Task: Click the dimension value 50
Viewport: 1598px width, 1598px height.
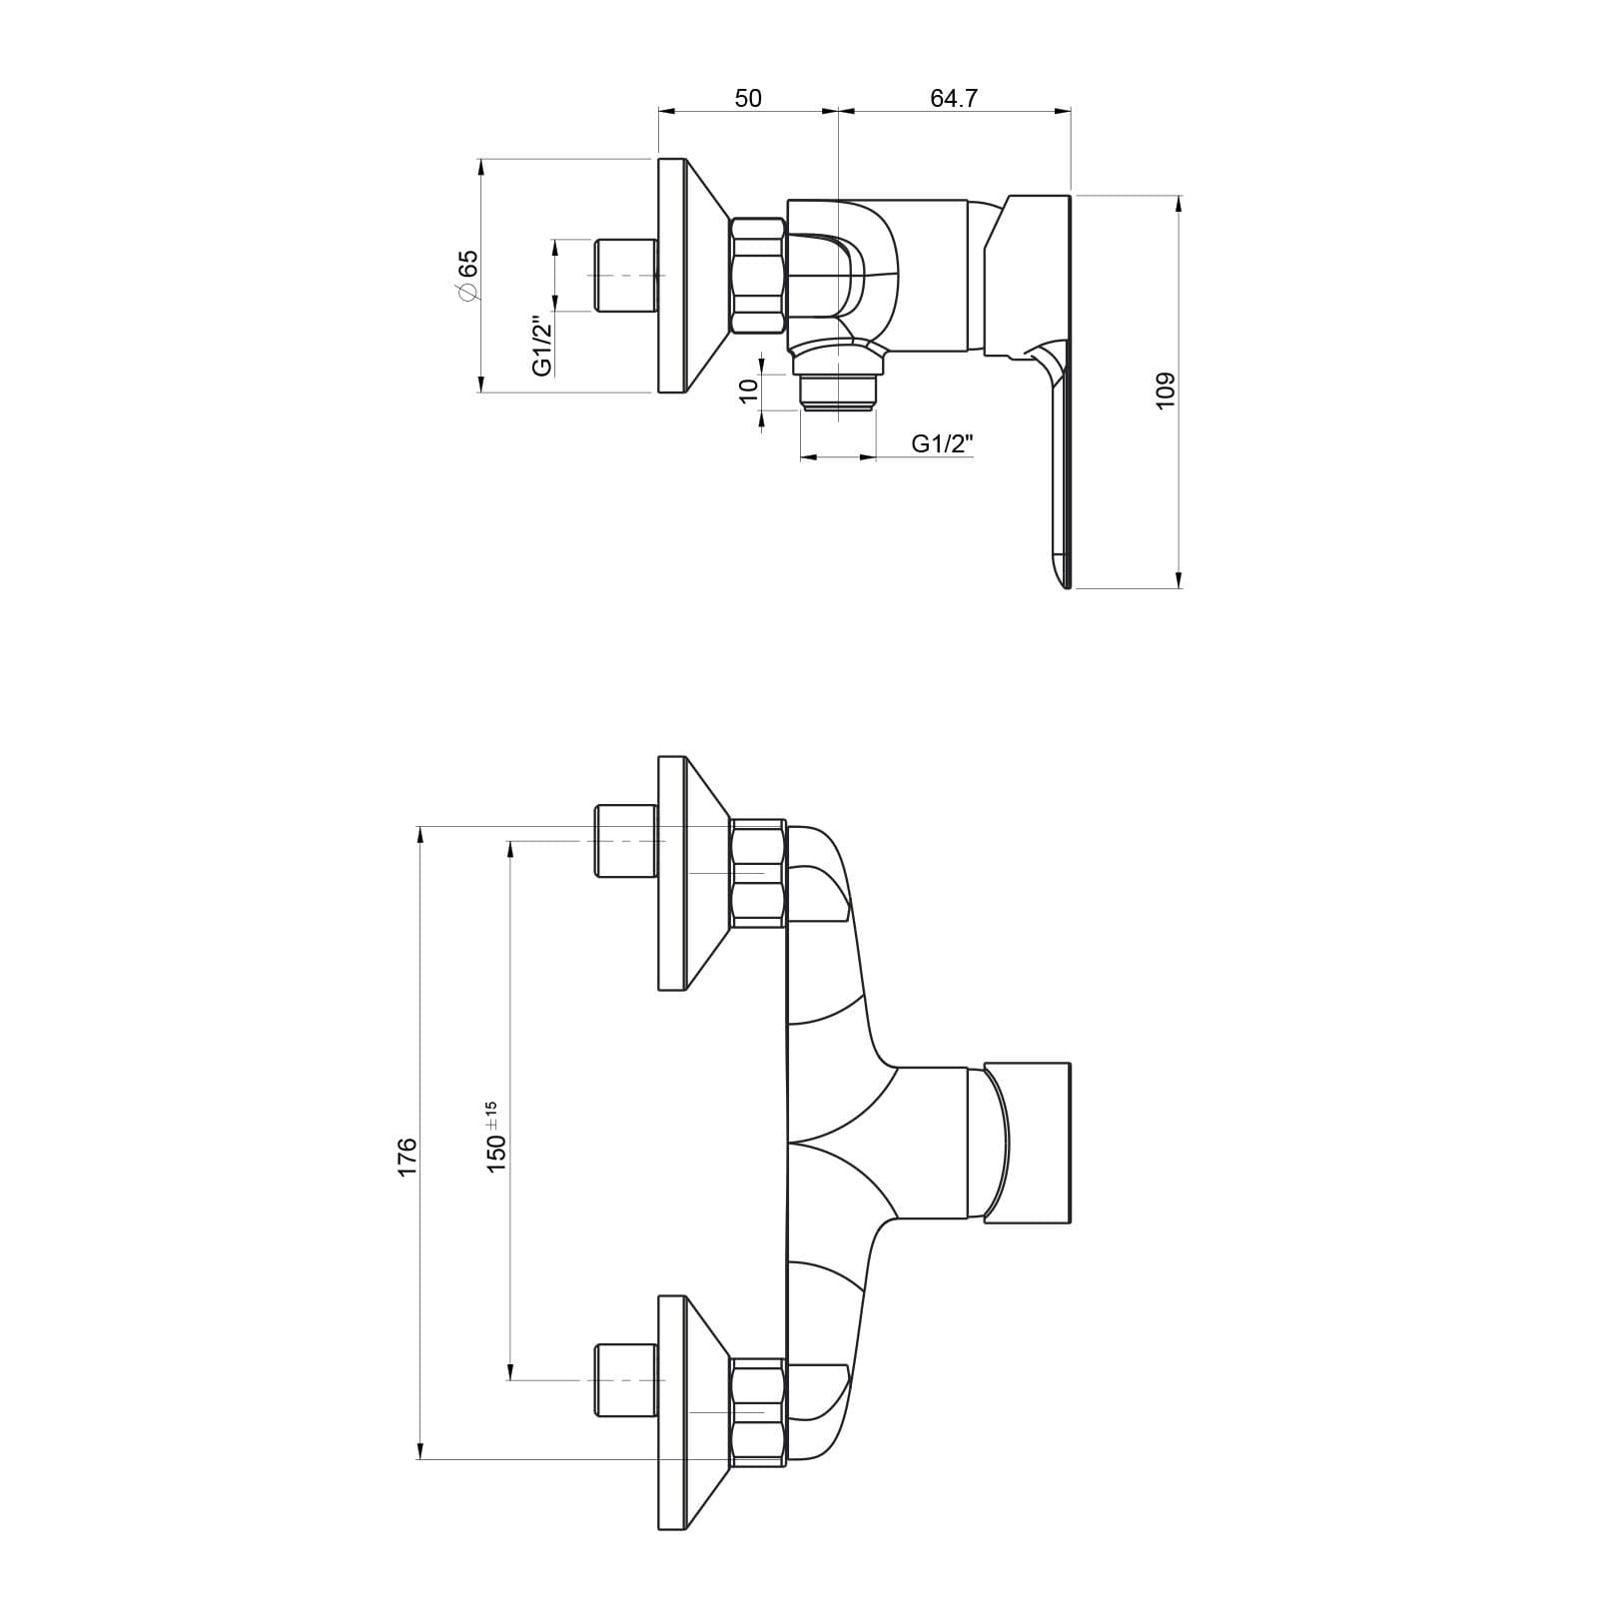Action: tap(748, 98)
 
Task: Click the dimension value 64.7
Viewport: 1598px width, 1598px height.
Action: tap(954, 98)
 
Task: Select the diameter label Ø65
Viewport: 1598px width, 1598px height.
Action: tap(466, 275)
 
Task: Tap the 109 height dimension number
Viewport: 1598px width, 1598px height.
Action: tap(1166, 390)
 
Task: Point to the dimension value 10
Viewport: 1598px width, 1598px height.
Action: tap(749, 391)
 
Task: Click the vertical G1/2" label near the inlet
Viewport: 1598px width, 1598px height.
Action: tap(542, 346)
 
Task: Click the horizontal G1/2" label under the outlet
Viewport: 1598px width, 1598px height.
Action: tap(942, 443)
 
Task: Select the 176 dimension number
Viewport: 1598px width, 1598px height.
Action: tap(407, 1157)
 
